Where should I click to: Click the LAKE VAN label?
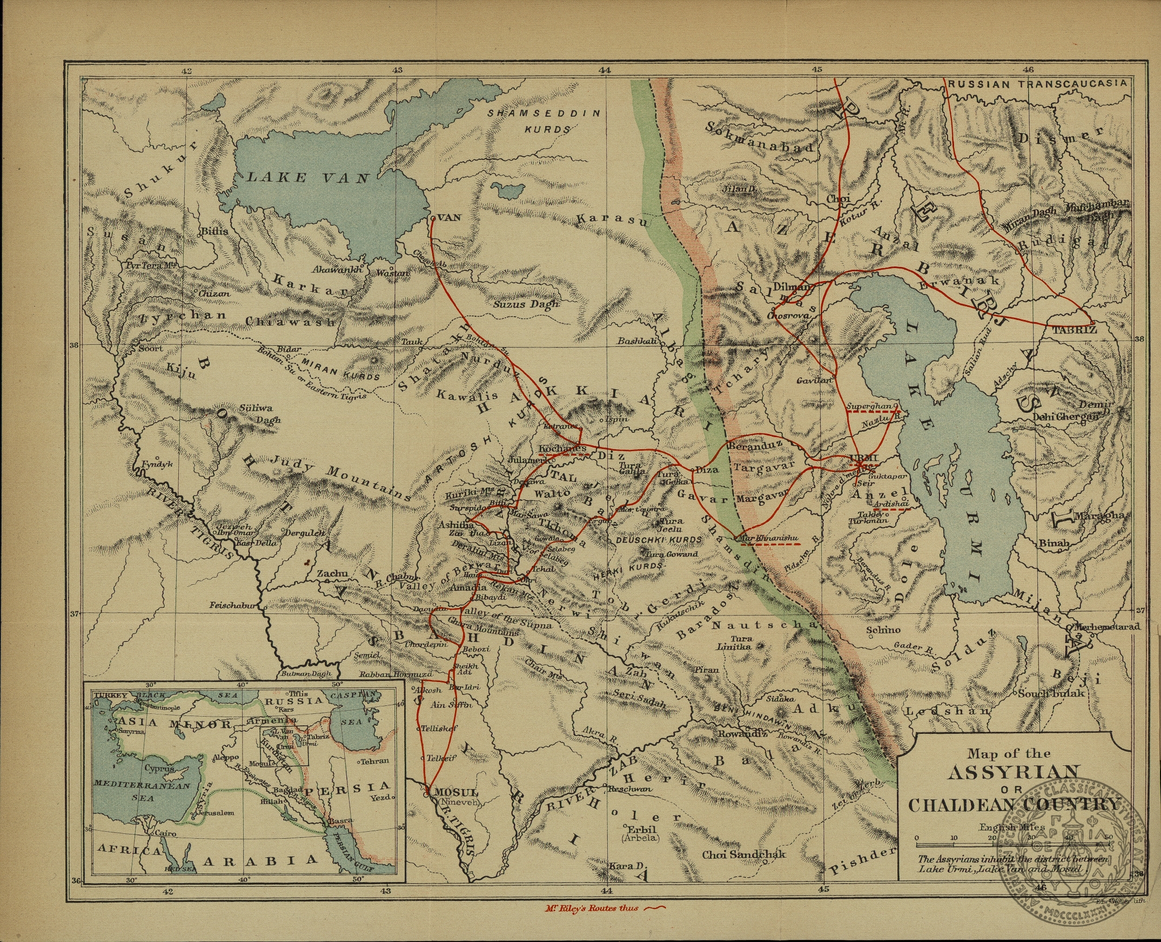click(x=307, y=177)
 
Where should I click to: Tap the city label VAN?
click(x=448, y=218)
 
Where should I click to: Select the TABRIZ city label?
click(x=1074, y=330)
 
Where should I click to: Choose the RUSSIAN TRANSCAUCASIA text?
click(x=1039, y=84)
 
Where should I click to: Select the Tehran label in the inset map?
click(x=375, y=760)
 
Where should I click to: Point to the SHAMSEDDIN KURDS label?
click(x=544, y=122)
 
